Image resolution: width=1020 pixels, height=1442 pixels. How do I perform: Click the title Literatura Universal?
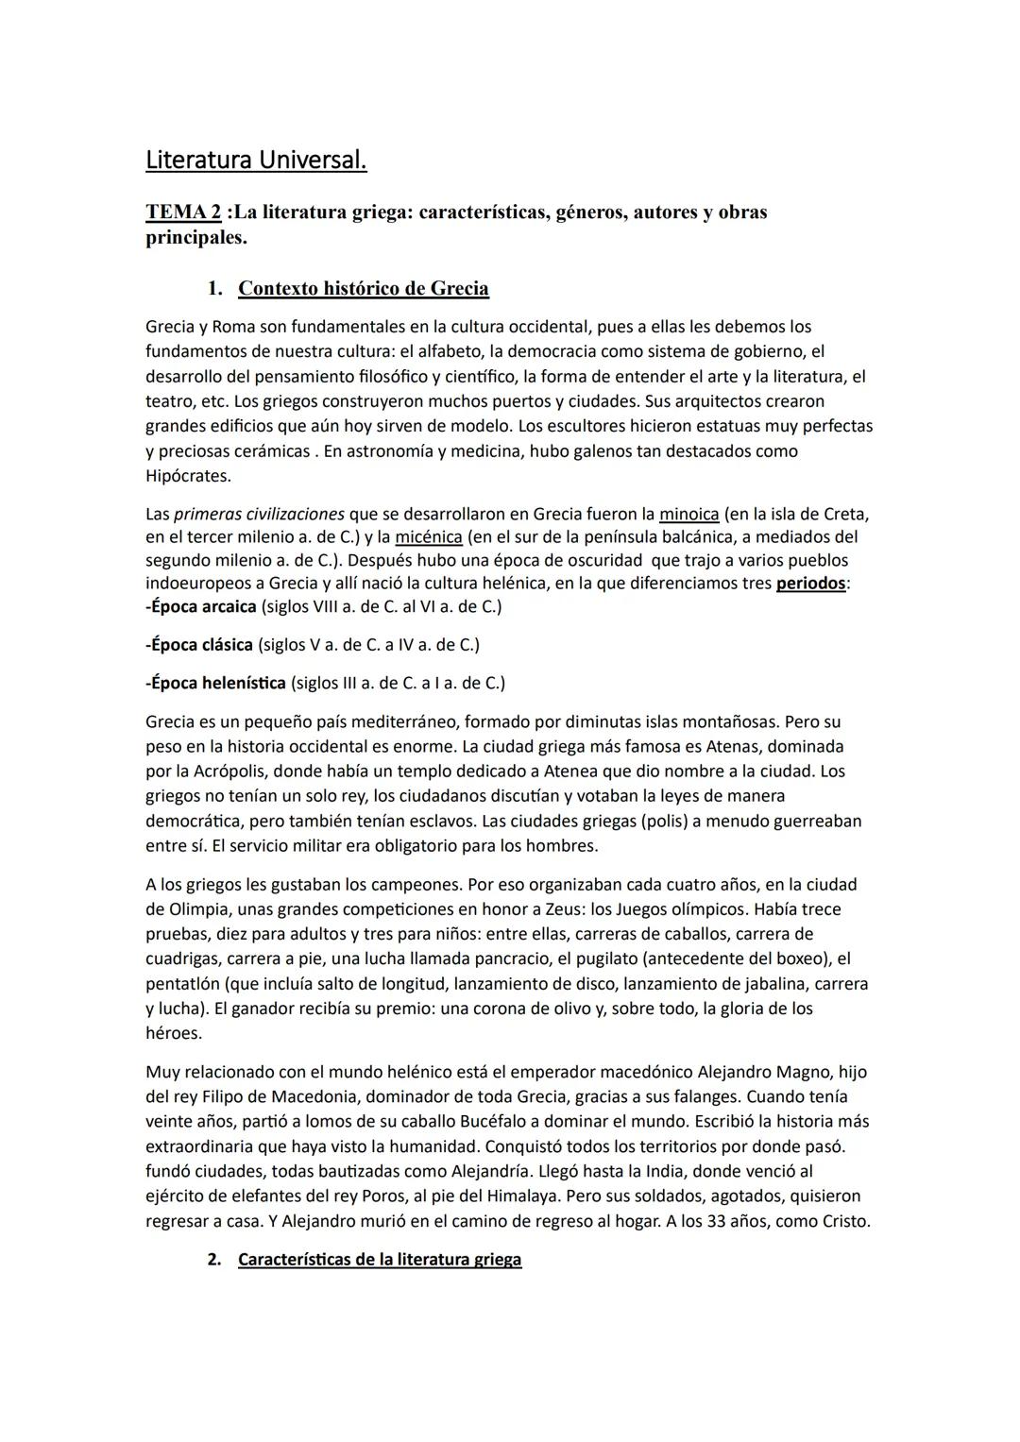pos(256,161)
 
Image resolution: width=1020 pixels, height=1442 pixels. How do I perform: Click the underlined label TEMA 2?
pos(182,212)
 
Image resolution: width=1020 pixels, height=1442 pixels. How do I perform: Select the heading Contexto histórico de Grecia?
pos(363,288)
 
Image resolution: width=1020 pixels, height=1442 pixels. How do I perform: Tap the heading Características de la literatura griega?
pos(379,1260)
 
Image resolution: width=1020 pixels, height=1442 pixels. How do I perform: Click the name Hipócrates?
pos(188,476)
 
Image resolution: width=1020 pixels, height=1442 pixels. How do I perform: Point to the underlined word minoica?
pos(688,515)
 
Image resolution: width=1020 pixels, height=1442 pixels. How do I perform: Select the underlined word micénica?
pos(428,537)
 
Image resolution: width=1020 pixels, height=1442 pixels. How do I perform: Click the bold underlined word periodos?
pos(810,584)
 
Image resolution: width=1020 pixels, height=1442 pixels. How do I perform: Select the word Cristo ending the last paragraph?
pos(843,1221)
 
